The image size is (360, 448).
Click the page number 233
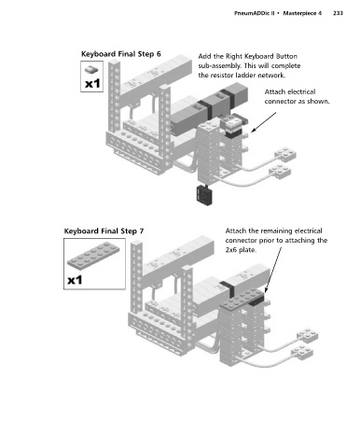(338, 13)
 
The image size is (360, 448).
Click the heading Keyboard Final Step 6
(121, 54)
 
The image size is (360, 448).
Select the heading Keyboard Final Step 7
(104, 231)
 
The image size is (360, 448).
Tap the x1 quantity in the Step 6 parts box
(92, 83)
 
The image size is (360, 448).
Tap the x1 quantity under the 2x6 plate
(75, 280)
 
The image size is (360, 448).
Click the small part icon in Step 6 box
(91, 69)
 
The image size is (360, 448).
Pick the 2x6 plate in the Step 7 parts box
(93, 255)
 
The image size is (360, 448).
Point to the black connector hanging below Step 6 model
(204, 194)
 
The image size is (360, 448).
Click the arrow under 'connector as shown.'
(263, 122)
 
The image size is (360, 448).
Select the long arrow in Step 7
(273, 270)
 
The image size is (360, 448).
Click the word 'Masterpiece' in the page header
(299, 13)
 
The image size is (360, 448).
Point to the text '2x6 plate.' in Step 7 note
(241, 250)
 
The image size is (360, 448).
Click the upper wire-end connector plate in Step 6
(285, 154)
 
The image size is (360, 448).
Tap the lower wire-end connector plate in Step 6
(280, 172)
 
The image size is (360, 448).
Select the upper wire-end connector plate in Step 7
(307, 335)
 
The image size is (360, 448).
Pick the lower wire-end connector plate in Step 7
(302, 353)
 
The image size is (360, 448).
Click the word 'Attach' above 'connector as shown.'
(275, 91)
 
